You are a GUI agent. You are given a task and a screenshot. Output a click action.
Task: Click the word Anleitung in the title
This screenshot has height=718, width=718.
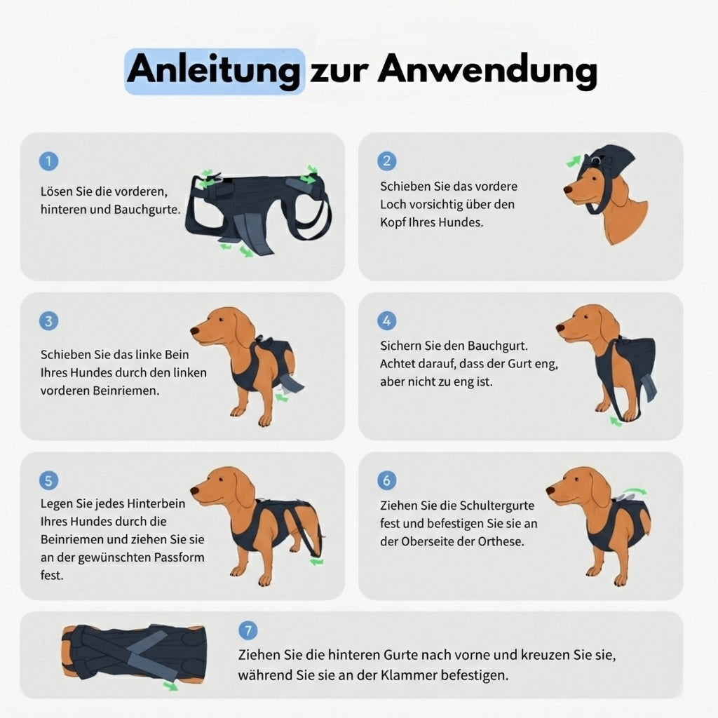[x=214, y=71]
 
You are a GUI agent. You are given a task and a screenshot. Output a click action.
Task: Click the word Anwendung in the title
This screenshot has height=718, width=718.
[x=487, y=70]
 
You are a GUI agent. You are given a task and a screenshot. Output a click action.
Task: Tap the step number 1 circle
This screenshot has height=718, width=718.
[x=48, y=161]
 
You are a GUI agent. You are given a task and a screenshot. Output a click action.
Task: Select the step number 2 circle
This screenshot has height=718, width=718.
[x=386, y=161]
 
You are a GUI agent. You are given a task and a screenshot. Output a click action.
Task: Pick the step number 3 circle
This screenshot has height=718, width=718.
[x=48, y=321]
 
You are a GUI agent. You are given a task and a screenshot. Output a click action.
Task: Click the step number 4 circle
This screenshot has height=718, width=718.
[x=386, y=321]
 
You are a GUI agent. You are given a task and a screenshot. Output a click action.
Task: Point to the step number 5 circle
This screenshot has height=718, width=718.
[x=48, y=480]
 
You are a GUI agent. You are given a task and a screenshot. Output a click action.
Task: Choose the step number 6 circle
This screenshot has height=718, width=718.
[x=386, y=480]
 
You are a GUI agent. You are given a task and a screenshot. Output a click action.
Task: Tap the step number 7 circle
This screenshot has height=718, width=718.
[x=248, y=630]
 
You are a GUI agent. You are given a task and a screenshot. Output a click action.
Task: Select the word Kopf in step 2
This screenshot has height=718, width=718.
[x=395, y=222]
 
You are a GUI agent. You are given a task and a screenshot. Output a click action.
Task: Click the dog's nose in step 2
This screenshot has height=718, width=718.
[x=567, y=189]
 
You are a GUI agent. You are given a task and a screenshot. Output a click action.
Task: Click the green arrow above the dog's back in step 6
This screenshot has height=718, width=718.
[x=635, y=492]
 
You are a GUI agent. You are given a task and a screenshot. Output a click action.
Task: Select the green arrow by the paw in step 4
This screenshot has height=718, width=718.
[x=615, y=421]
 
